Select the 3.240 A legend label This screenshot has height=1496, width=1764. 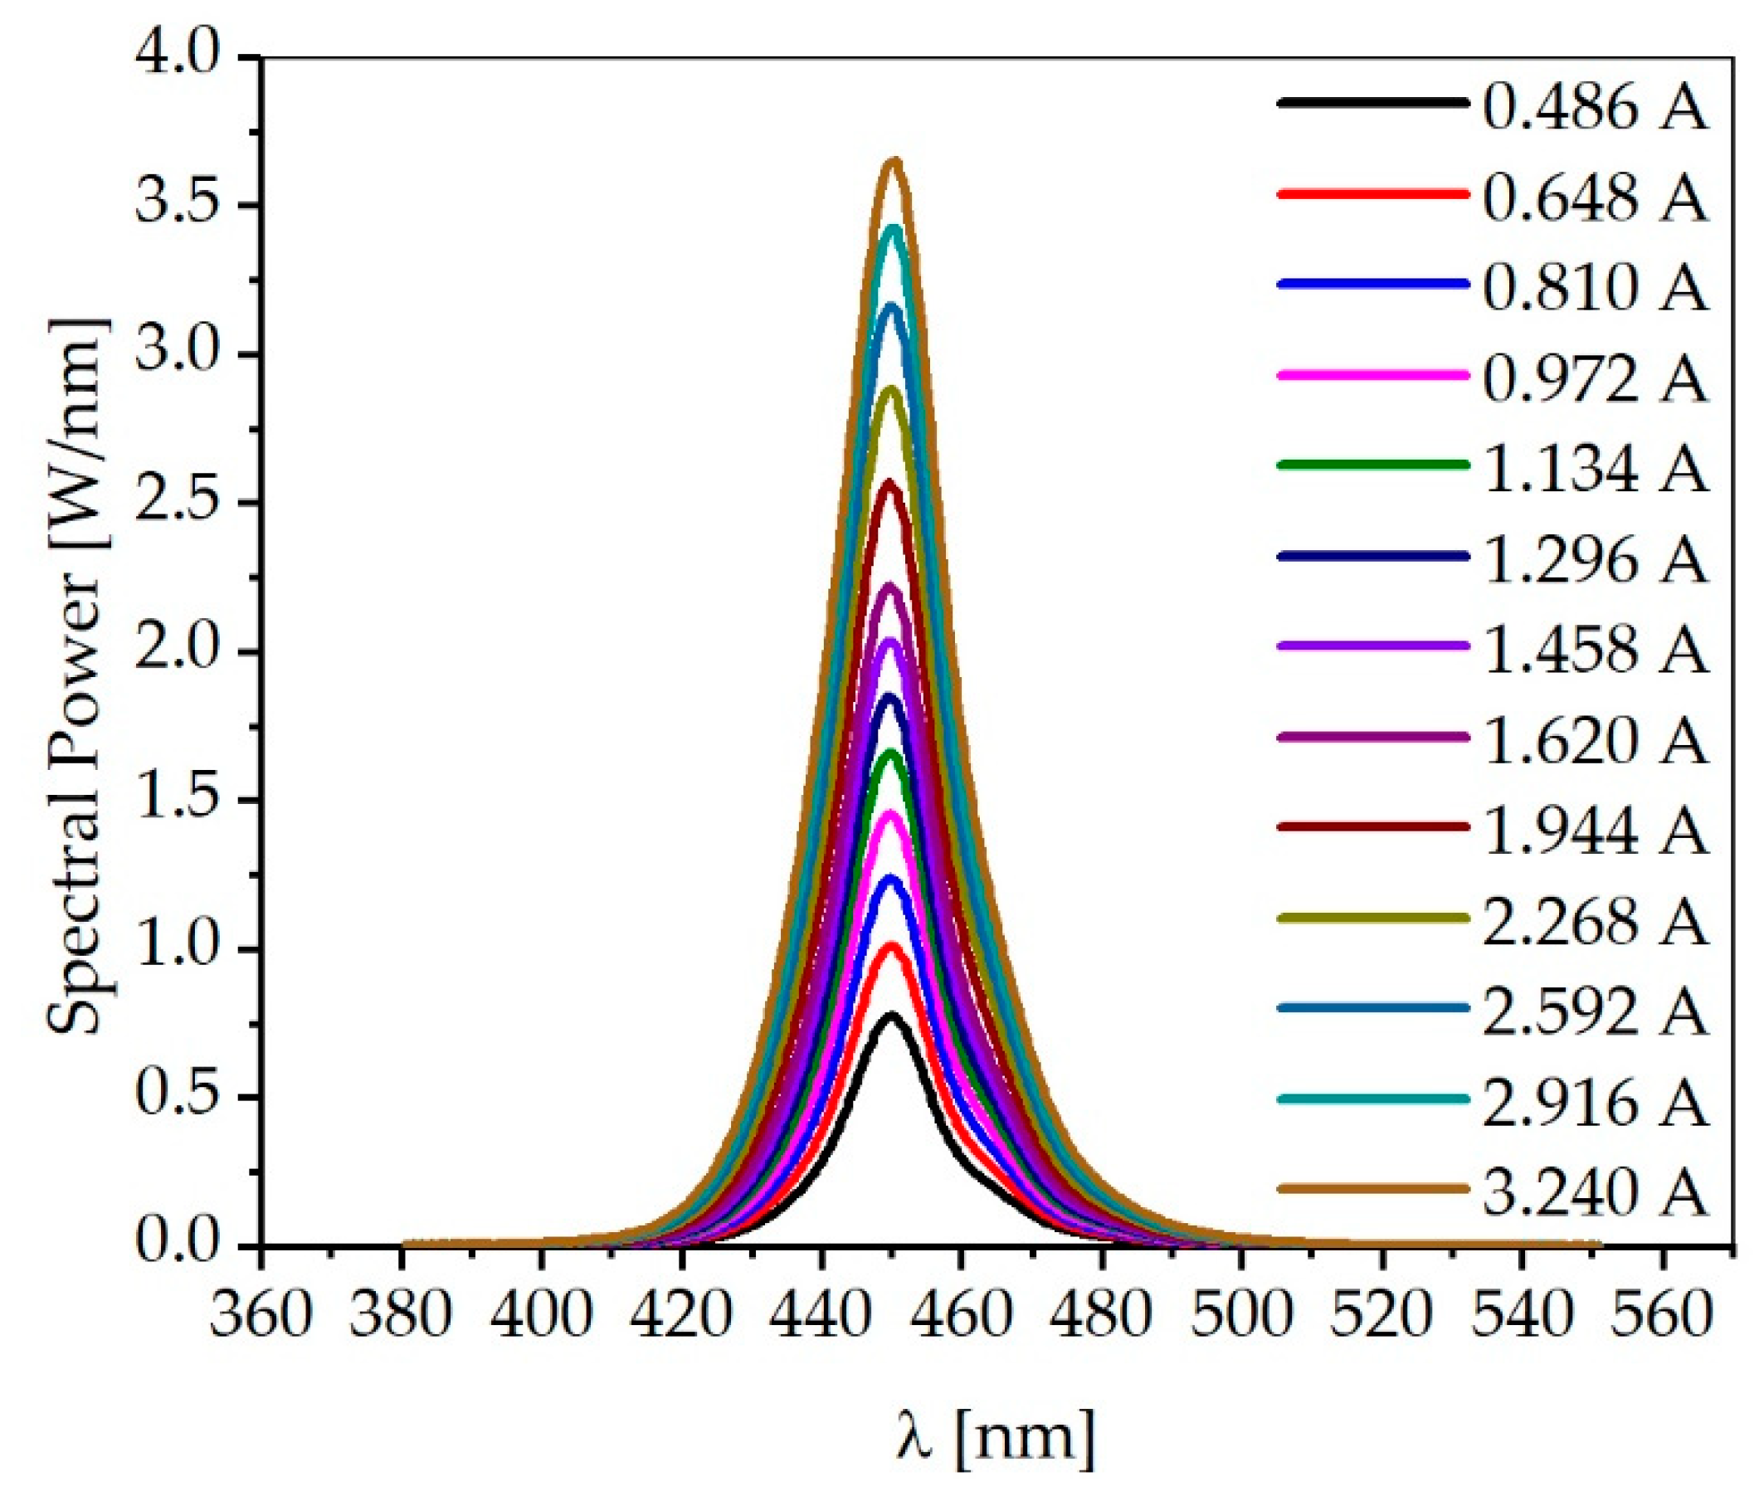pos(1595,1190)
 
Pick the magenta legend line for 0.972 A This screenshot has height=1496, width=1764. pos(1372,375)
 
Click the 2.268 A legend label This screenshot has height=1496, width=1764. pos(1595,919)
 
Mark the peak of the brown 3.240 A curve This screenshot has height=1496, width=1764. pos(894,160)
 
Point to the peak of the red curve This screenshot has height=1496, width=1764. pos(891,945)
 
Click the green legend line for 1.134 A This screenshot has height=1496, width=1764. pos(1372,465)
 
